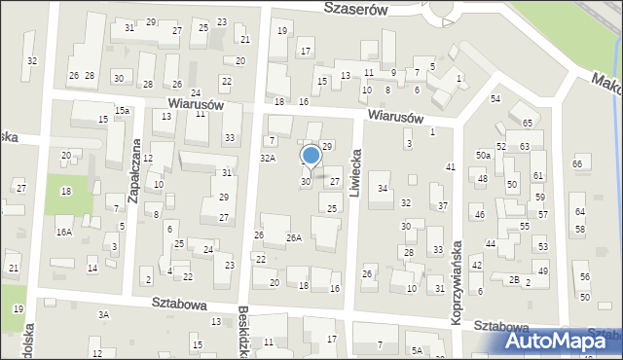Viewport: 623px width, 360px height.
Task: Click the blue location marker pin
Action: (x=311, y=156)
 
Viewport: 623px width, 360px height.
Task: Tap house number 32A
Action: (x=267, y=157)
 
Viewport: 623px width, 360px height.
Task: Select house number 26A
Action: (x=293, y=237)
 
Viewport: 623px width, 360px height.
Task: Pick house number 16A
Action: (x=64, y=232)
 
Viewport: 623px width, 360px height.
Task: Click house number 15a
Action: (x=122, y=111)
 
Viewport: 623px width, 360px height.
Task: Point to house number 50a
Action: (x=483, y=155)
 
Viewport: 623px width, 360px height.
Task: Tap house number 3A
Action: (x=103, y=314)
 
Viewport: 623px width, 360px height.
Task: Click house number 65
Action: (x=527, y=124)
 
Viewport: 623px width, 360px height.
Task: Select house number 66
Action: (x=577, y=163)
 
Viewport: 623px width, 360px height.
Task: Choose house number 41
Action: (x=450, y=167)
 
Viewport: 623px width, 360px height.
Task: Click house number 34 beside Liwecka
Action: (x=384, y=188)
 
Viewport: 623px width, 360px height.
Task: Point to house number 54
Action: (x=495, y=99)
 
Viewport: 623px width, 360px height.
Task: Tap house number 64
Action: (x=580, y=211)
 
